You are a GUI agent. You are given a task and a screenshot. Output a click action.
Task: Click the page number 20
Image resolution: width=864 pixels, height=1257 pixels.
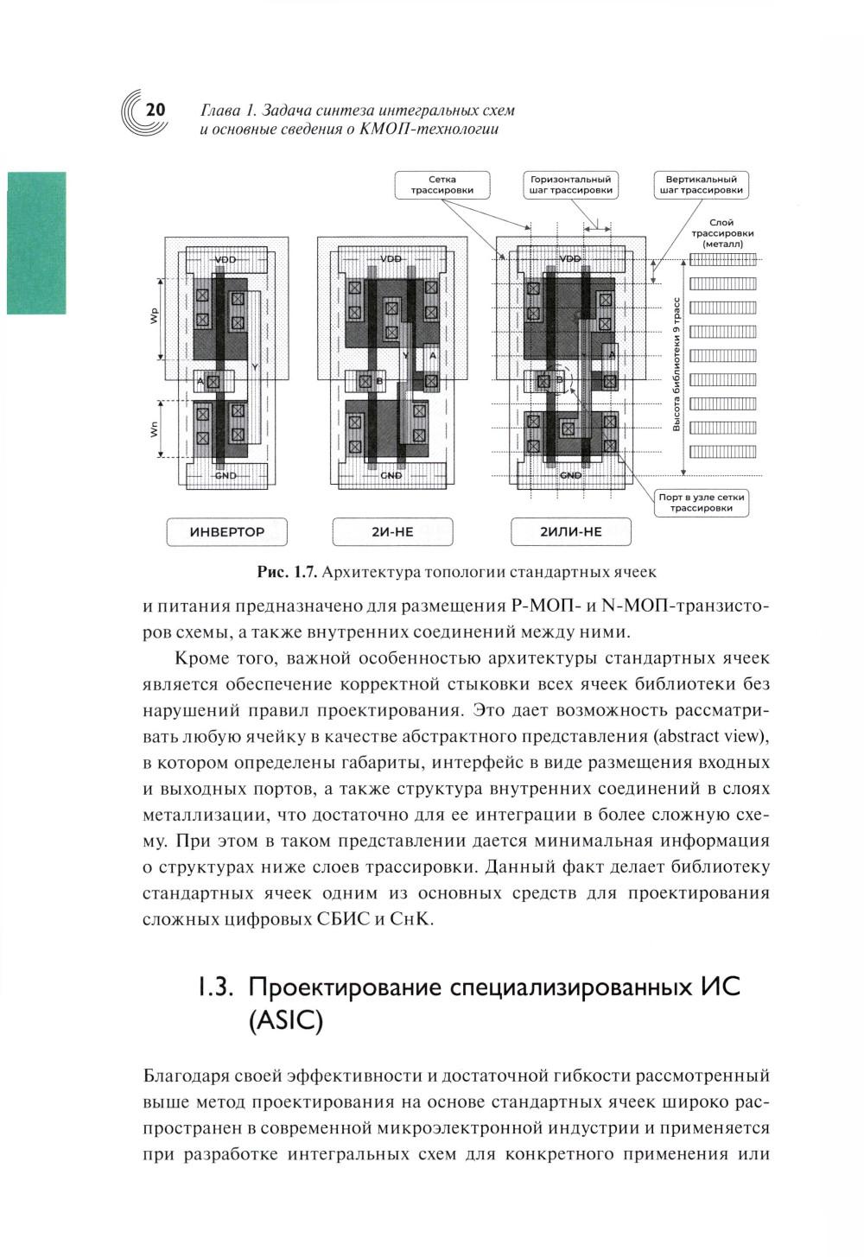click(156, 110)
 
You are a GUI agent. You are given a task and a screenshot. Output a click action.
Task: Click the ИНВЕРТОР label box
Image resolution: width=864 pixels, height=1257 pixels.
click(226, 532)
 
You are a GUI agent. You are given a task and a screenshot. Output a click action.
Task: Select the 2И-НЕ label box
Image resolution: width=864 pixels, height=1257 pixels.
click(392, 532)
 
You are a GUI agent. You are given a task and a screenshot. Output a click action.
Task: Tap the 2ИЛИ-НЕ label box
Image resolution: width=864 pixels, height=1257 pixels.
click(570, 532)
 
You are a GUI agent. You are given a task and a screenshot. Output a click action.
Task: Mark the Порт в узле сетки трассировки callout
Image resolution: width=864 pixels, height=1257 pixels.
click(701, 503)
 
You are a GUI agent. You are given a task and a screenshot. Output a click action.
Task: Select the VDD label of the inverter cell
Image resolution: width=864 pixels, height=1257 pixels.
click(226, 260)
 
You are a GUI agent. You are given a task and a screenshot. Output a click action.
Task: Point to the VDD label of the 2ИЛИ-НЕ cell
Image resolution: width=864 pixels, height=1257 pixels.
click(571, 259)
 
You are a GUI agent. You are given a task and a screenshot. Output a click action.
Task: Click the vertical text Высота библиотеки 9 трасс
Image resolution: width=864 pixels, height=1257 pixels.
click(677, 364)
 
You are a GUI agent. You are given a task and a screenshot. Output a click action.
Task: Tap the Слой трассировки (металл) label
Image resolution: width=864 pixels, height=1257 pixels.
click(722, 233)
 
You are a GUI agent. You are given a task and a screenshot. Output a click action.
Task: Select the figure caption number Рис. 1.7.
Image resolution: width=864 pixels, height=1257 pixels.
click(289, 572)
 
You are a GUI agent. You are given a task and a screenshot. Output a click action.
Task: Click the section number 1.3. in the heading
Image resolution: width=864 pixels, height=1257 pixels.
click(214, 987)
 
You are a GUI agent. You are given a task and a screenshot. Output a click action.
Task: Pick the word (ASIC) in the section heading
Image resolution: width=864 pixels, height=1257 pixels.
click(284, 1022)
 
